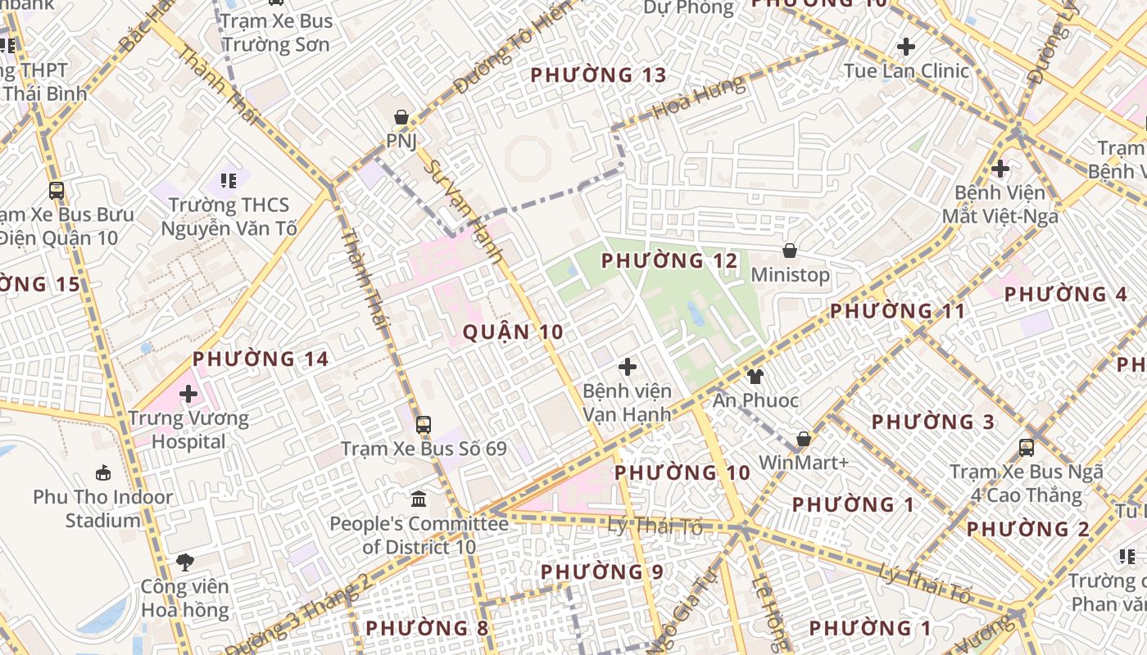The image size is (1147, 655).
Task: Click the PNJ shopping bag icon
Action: [401, 117]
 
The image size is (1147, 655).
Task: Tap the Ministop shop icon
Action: [790, 251]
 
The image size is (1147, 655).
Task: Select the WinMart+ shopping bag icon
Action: [804, 440]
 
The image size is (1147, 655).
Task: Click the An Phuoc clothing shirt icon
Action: [755, 377]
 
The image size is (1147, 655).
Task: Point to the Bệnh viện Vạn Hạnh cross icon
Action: [628, 367]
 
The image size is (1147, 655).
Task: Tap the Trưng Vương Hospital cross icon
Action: [188, 394]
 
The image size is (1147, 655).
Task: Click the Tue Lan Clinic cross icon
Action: [906, 47]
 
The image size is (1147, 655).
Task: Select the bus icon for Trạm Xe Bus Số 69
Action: [423, 425]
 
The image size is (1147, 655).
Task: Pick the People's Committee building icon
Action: [419, 499]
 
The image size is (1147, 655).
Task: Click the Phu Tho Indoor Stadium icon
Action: [103, 472]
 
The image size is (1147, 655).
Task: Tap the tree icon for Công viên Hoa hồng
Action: [185, 562]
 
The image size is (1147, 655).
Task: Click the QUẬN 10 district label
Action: [513, 332]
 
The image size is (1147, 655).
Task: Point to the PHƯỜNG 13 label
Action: [598, 75]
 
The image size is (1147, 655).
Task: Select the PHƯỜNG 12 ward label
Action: [669, 261]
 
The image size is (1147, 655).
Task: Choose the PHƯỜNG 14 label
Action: [261, 359]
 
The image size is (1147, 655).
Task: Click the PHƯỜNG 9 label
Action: [602, 571]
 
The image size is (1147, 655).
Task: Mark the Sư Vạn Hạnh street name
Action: [463, 211]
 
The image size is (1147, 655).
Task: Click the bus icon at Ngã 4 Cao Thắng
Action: [1027, 448]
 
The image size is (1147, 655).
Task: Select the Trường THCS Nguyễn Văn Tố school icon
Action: [229, 179]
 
